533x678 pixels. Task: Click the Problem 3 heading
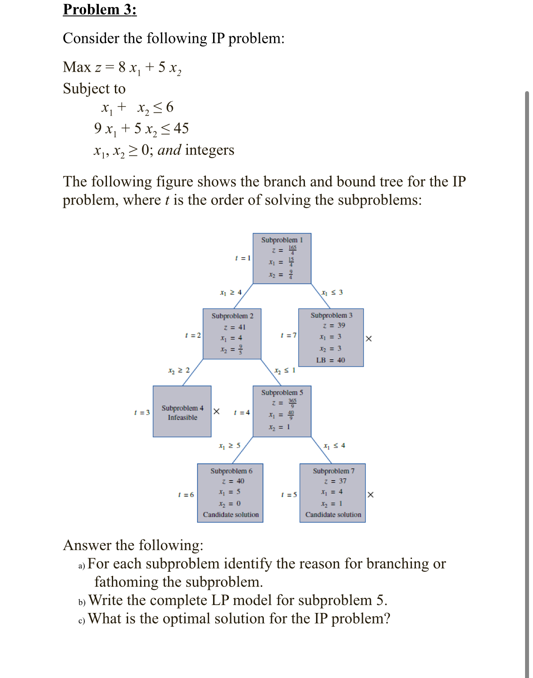(x=100, y=9)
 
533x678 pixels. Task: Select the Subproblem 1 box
(x=282, y=258)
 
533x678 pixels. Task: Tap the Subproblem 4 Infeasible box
(x=182, y=412)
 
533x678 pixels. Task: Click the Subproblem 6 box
(x=230, y=493)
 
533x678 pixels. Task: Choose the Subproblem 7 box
(x=332, y=493)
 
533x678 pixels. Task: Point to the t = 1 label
(x=243, y=258)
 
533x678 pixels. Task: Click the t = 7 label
(x=289, y=335)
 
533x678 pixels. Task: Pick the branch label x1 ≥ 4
(x=231, y=293)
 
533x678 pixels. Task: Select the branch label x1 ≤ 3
(x=332, y=293)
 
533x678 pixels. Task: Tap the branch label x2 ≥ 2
(x=179, y=370)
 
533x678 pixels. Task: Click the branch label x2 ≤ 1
(x=285, y=370)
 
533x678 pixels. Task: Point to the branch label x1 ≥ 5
(x=230, y=446)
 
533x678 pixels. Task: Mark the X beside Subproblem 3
(x=369, y=339)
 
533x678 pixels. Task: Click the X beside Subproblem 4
(x=217, y=412)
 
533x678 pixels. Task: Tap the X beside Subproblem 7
(x=370, y=495)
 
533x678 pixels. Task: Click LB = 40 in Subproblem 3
(x=331, y=360)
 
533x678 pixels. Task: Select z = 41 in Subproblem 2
(x=235, y=327)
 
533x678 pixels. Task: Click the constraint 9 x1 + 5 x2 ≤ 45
(x=141, y=129)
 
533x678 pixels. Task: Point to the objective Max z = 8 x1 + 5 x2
(x=122, y=68)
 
